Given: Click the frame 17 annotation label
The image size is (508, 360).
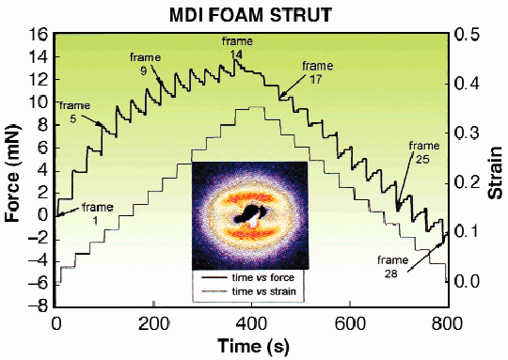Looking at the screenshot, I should click(x=318, y=72).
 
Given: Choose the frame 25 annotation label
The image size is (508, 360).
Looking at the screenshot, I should click(x=425, y=152).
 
